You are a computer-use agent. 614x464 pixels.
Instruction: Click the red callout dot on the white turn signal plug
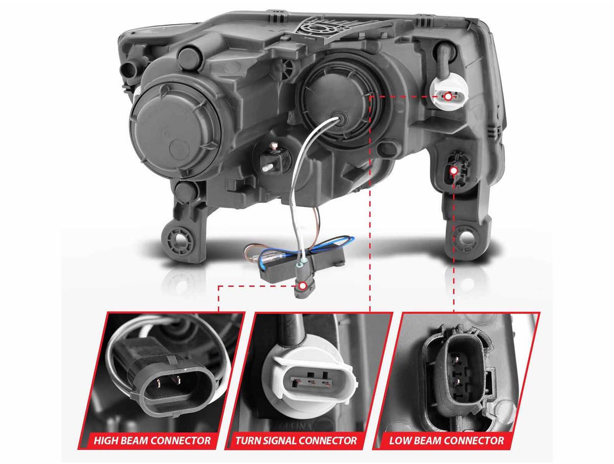click(x=448, y=97)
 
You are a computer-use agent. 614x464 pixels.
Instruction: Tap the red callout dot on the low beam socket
click(x=454, y=170)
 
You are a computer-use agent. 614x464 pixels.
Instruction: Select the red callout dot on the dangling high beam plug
click(x=302, y=286)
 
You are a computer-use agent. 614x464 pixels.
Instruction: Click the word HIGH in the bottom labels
click(x=105, y=441)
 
